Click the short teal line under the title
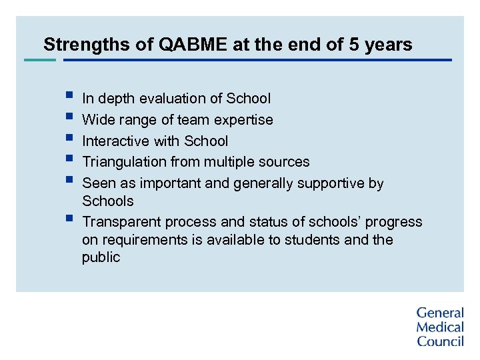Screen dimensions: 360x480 (x=40, y=60)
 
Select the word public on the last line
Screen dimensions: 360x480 (x=101, y=257)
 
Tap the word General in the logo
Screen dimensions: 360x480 (x=440, y=313)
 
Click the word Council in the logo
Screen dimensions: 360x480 (x=440, y=341)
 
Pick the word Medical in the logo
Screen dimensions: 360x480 (x=440, y=327)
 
